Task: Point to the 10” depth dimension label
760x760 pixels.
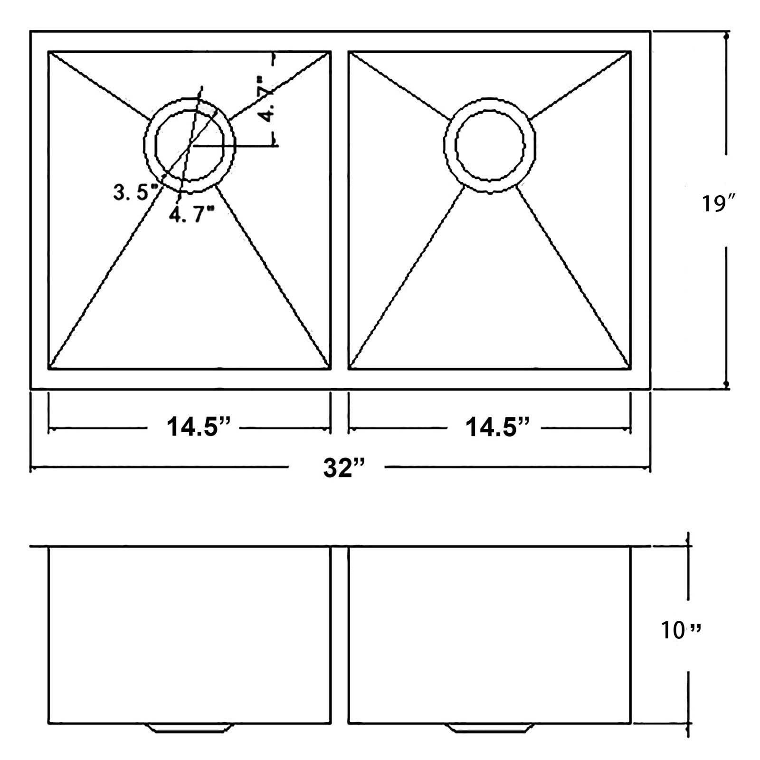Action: tap(681, 630)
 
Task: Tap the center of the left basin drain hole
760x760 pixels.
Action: tap(190, 145)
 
